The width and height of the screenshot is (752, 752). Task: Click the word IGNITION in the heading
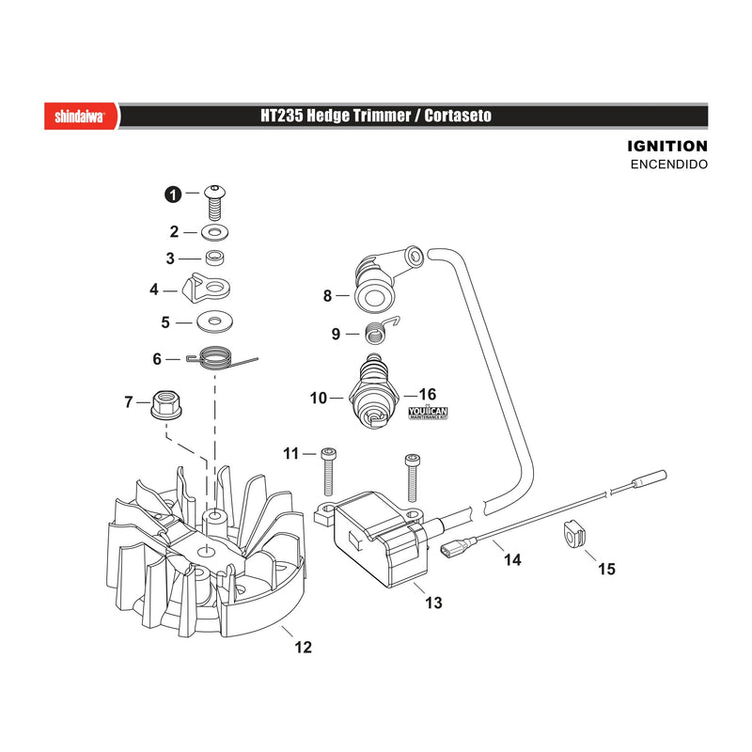point(667,147)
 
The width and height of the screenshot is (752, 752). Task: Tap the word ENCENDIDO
point(669,164)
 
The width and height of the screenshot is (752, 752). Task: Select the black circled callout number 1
point(173,195)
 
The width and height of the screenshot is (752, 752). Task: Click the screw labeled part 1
point(215,202)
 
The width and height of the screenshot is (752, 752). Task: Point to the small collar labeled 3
point(215,258)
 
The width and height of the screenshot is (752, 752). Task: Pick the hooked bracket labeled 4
point(207,289)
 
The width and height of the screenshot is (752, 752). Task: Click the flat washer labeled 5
point(215,321)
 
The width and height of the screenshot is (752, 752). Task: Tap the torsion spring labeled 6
point(215,359)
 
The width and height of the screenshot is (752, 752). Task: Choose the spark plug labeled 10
point(374,391)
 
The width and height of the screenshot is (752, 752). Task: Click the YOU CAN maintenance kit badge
point(428,413)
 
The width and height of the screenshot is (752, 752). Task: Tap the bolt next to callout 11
point(328,472)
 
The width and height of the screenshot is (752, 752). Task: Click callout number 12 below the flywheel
point(303,647)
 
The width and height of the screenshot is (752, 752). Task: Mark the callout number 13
point(433,603)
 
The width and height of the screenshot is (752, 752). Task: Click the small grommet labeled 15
point(572,535)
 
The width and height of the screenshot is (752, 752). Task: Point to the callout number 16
point(428,394)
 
